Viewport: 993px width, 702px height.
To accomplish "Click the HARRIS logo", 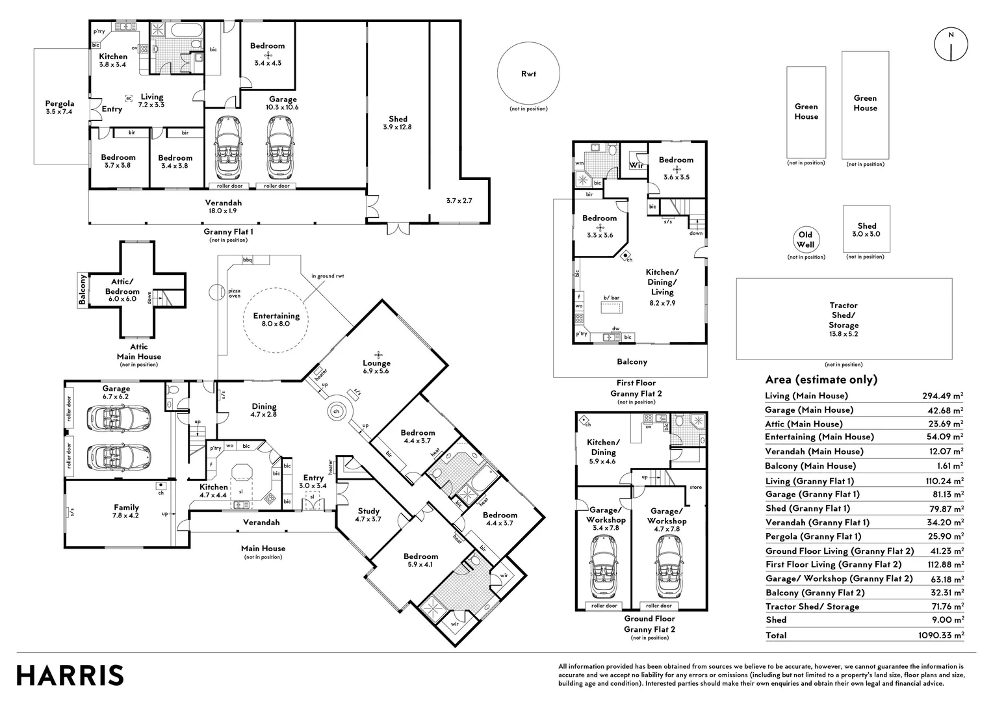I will tap(70, 675).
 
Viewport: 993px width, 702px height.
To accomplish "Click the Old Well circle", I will tap(806, 239).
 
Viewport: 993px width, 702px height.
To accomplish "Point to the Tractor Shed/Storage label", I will tap(844, 315).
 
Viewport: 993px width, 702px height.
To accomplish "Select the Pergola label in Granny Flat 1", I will tap(59, 107).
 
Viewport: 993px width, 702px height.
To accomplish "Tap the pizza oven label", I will tap(235, 292).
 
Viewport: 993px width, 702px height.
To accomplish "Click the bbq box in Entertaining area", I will tap(247, 260).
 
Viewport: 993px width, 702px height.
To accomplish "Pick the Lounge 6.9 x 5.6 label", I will tap(376, 367).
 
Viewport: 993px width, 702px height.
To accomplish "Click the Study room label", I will tap(368, 515).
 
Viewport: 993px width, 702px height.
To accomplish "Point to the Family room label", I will tap(126, 512).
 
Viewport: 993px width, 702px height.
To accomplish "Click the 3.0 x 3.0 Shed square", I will tap(866, 230).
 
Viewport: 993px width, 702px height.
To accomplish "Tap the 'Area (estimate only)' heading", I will tap(821, 380).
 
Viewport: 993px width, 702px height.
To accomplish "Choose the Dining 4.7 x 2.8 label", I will tap(264, 410).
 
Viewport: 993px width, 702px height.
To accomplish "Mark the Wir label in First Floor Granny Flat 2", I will tap(636, 166).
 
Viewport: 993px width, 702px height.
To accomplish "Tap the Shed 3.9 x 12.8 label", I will tap(398, 123).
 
